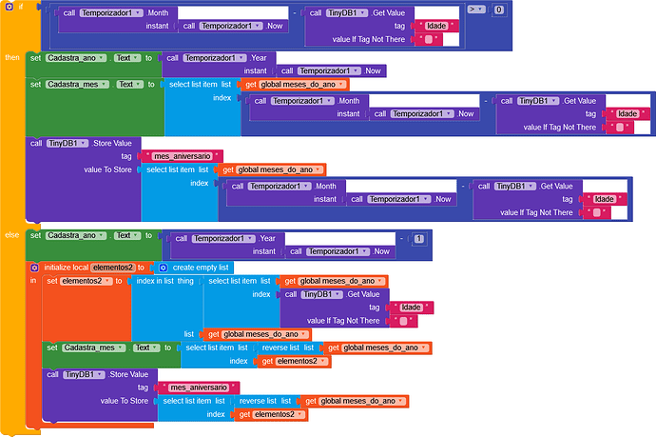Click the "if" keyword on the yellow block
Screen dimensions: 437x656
click(20, 7)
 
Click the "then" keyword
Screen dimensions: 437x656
click(13, 57)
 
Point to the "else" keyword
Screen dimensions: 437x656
click(12, 234)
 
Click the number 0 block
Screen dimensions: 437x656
click(500, 9)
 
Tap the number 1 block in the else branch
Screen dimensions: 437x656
click(418, 238)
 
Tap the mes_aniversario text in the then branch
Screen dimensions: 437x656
click(182, 156)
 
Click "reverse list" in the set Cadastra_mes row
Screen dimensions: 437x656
click(281, 348)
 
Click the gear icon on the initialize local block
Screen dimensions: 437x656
click(34, 268)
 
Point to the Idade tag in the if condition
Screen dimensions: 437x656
click(437, 26)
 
